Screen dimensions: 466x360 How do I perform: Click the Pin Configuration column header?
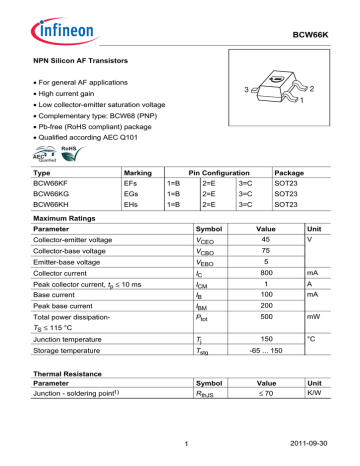coord(209,172)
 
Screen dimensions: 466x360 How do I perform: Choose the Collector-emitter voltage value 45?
coord(265,241)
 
